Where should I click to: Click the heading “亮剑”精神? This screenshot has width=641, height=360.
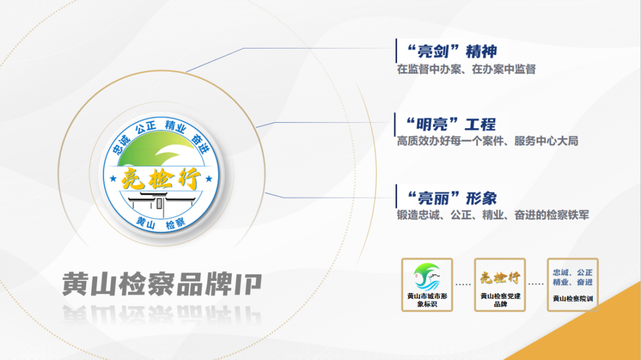pos(452,52)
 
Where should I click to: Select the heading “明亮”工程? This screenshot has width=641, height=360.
pos(450,124)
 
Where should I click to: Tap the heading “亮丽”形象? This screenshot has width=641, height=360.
pos(452,199)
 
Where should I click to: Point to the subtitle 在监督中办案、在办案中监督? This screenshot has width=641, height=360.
pos(467,69)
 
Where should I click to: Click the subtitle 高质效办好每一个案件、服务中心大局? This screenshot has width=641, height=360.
pos(487,141)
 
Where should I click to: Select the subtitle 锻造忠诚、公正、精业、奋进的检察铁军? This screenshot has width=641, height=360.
pos(493,215)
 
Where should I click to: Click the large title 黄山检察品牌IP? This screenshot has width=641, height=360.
pos(162,283)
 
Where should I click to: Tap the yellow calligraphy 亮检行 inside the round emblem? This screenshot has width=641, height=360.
pos(161,179)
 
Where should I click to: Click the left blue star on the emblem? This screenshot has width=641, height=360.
pos(113,179)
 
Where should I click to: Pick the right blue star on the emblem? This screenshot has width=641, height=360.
pos(209,179)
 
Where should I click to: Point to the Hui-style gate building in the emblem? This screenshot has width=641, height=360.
pos(161,203)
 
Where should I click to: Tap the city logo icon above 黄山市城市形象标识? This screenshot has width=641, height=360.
pos(427,276)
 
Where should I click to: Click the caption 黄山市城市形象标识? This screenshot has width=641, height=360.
pos(427,300)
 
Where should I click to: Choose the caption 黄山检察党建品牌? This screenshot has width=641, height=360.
pos(500,300)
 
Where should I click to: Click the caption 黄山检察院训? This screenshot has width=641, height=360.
pos(573,299)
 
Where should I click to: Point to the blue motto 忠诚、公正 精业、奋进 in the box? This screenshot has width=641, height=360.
pos(573,278)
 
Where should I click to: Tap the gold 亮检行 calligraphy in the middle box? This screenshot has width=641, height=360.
pos(500,278)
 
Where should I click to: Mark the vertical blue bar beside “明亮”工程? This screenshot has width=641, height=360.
pos(395,125)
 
